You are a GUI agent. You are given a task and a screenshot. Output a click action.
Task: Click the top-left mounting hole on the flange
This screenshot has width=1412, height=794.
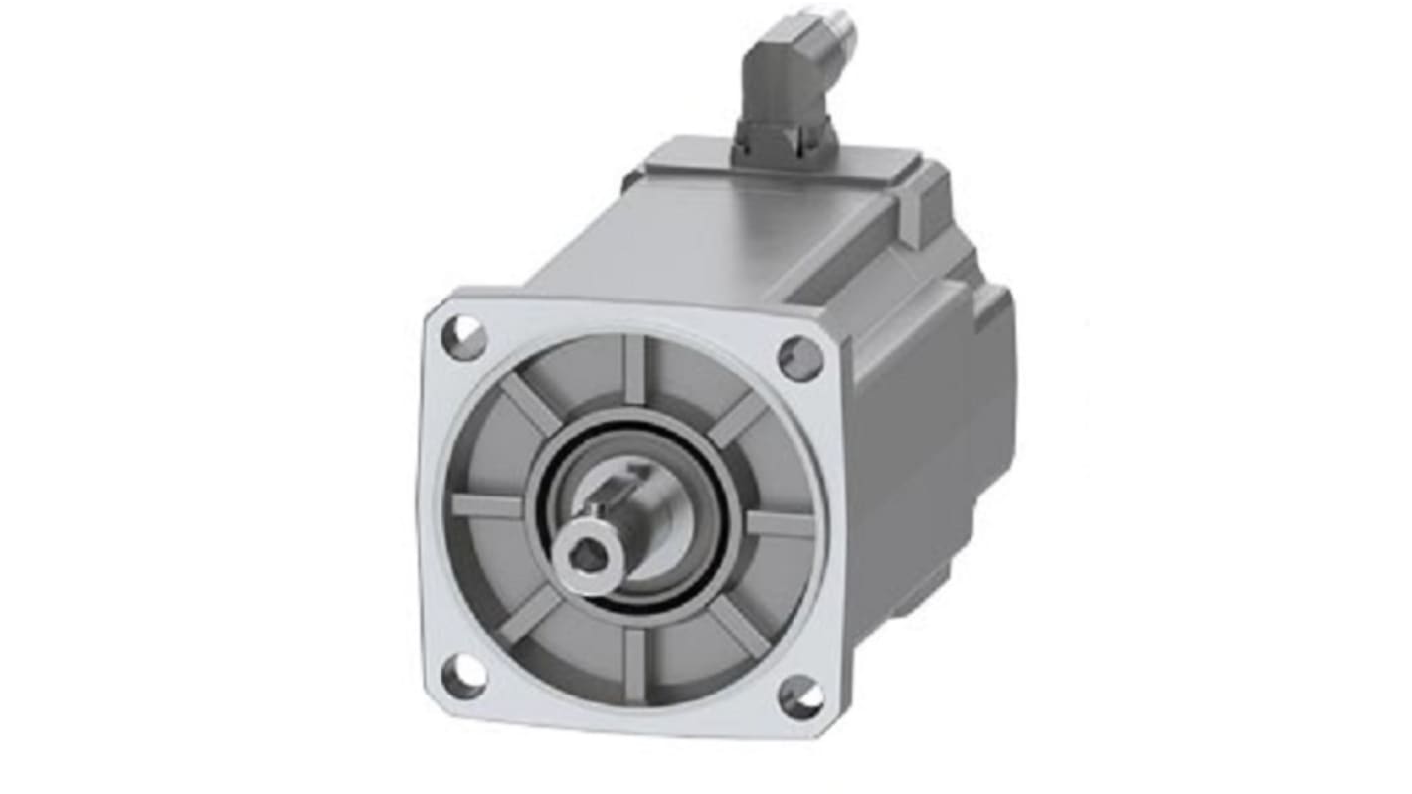pos(463,337)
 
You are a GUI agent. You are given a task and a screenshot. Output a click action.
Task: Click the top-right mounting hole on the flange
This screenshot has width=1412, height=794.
pos(799,356)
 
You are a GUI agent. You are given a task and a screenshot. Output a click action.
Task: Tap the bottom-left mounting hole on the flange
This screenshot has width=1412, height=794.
pos(463,678)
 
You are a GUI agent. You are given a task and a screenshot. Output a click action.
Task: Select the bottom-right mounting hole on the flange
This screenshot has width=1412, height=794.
pos(800,696)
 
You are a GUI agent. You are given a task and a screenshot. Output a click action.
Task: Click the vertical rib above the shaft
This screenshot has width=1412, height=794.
pos(634,368)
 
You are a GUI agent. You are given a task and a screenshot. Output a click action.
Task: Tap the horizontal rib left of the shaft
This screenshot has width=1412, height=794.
pos(487,505)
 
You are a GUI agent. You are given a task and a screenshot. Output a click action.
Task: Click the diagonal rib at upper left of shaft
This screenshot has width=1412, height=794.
pos(527,403)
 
